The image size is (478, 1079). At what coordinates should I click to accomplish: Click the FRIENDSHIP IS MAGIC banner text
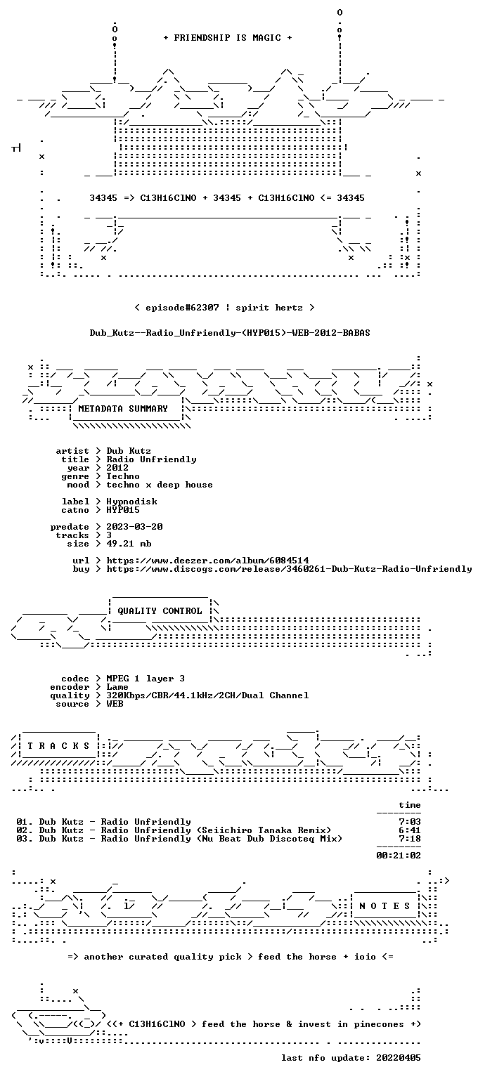pos(228,37)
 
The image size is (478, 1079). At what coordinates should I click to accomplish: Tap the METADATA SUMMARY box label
pos(123,408)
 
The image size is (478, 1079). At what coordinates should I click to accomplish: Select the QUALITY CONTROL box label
pos(160,610)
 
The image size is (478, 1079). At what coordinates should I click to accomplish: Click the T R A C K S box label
pos(58,745)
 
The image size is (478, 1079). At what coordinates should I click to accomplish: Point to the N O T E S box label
pos(385,906)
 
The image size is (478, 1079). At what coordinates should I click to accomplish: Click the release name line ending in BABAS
pos(230,333)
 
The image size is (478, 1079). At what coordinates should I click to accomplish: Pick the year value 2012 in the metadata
pos(117,468)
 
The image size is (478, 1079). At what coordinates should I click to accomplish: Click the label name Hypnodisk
pos(131,502)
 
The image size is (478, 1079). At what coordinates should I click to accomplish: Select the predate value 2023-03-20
pos(134,527)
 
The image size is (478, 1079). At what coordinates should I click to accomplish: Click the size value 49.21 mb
pos(129,544)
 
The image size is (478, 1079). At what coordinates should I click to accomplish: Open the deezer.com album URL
pos(207,561)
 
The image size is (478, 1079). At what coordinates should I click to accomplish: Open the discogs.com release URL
pos(289,569)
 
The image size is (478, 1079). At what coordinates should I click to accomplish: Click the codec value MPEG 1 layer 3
pos(146,679)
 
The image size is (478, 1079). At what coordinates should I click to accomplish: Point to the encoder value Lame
pos(117,687)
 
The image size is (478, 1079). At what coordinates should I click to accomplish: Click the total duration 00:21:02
pos(399,856)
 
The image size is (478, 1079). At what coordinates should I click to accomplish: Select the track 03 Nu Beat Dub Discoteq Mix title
pos(179,839)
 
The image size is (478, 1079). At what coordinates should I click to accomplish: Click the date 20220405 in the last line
pos(399,1058)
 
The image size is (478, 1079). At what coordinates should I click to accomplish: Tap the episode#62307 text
pos(182,308)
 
